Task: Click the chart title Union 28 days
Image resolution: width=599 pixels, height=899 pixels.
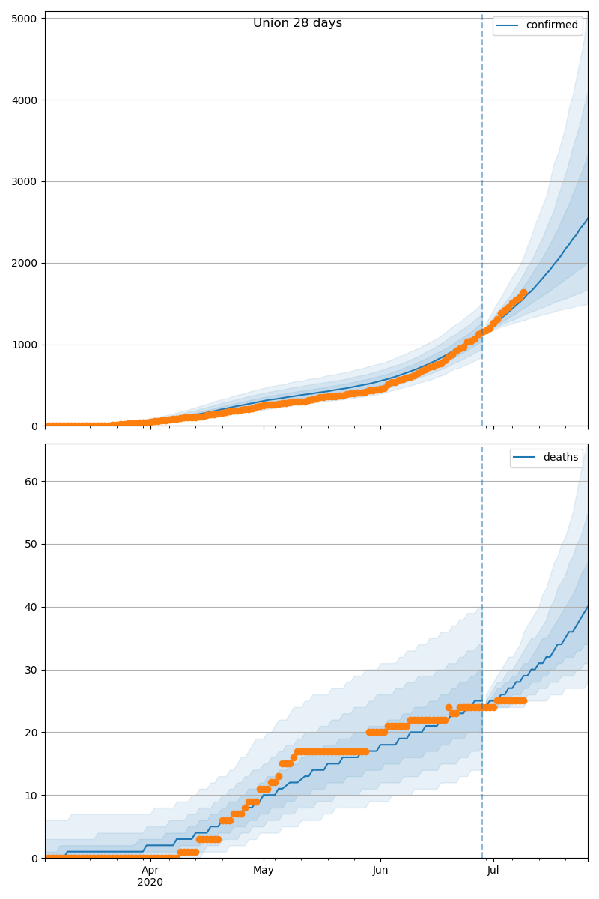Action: [x=297, y=23]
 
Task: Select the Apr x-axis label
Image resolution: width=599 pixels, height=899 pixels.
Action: [x=150, y=871]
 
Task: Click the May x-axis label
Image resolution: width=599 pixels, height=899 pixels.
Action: [x=264, y=871]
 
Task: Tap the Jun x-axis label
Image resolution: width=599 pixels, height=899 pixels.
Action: [x=380, y=871]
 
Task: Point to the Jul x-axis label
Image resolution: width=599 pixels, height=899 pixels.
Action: [x=493, y=871]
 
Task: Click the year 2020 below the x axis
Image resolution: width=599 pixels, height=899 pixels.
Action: [x=150, y=883]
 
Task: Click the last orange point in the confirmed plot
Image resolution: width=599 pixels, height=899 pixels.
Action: [x=523, y=293]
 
